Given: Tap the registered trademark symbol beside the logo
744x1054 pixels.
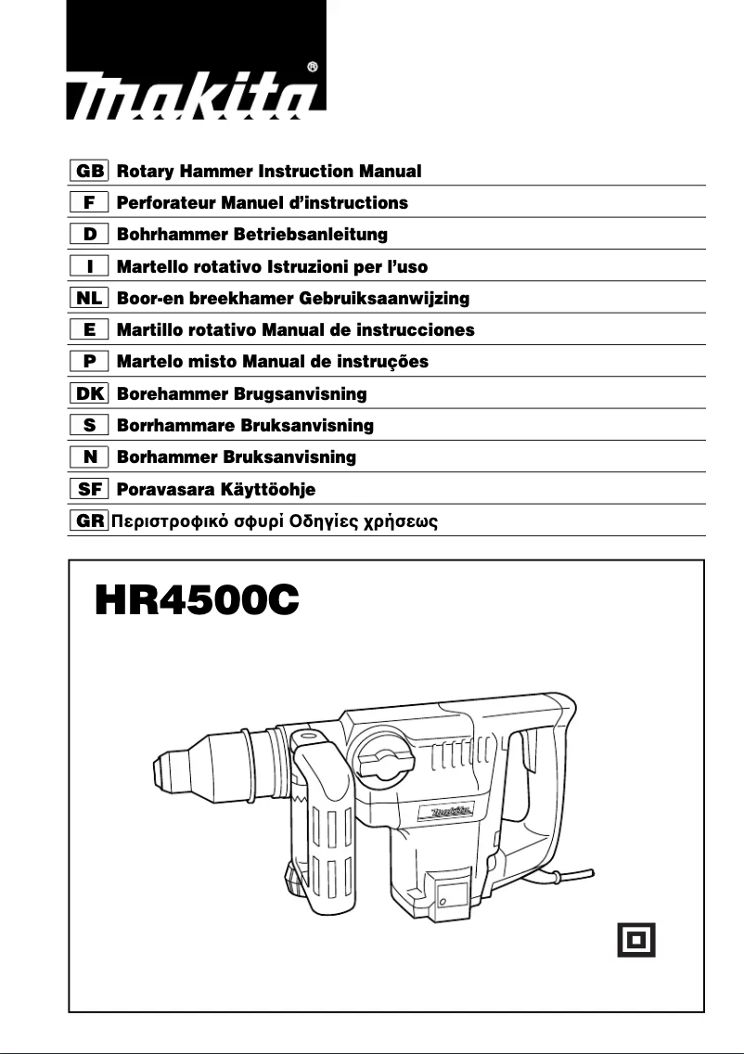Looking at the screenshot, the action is point(313,67).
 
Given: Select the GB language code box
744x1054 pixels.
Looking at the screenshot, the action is point(90,172).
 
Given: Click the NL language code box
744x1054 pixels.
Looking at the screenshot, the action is point(90,299).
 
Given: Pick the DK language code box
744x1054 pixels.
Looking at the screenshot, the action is point(90,394).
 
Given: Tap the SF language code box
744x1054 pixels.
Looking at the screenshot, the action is point(90,489).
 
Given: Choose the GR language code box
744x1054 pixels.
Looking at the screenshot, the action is point(90,521).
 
